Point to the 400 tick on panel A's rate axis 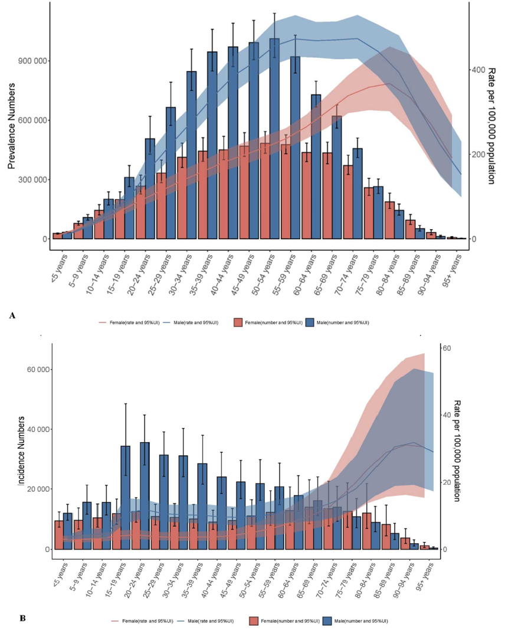tap(477, 70)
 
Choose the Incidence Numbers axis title tap(22, 452)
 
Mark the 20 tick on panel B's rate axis tap(447, 482)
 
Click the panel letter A tap(12, 316)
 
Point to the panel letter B tap(22, 618)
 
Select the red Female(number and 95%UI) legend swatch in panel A tap(238, 322)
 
